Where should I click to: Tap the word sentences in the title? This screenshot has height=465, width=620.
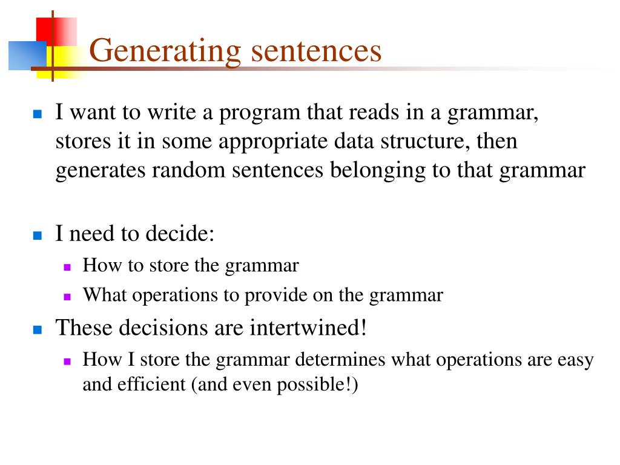pyautogui.click(x=316, y=51)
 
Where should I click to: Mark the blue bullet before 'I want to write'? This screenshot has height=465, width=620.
pyautogui.click(x=37, y=114)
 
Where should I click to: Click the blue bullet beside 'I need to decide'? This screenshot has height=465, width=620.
pyautogui.click(x=37, y=236)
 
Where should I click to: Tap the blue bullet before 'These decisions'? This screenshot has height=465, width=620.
pyautogui.click(x=37, y=329)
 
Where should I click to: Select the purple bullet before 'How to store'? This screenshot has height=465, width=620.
pyautogui.click(x=67, y=266)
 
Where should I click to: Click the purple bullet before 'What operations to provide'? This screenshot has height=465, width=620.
pyautogui.click(x=67, y=297)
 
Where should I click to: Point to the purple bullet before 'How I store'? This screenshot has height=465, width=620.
pyautogui.click(x=67, y=361)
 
